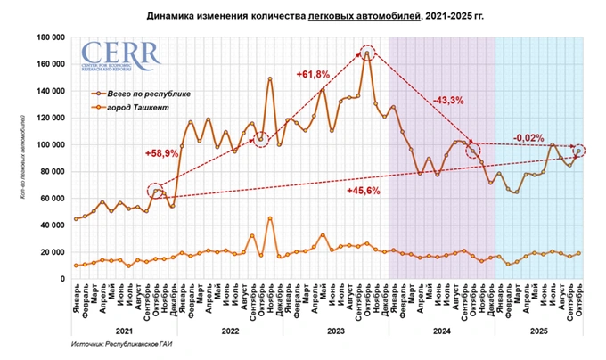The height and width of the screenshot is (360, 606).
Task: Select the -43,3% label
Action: [x=449, y=100]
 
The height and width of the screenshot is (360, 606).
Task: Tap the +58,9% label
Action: [x=162, y=153]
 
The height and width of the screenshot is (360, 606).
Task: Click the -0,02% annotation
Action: [x=529, y=137]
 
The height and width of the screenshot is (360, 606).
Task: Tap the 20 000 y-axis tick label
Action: [x=55, y=251]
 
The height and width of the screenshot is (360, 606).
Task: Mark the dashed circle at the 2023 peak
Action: [x=367, y=54]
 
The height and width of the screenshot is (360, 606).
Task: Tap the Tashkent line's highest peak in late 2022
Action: [x=270, y=218]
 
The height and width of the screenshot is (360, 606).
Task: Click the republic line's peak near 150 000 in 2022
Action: [x=270, y=79]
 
